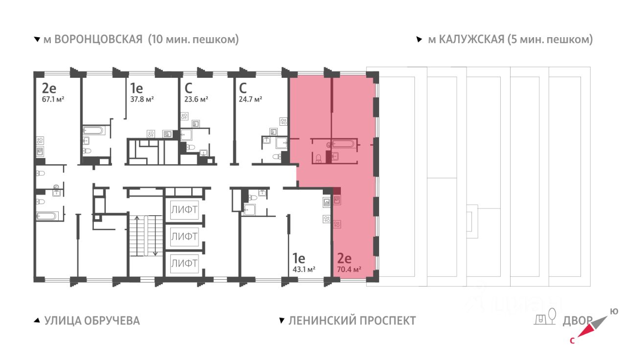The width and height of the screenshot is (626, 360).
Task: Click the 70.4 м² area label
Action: click(x=349, y=270)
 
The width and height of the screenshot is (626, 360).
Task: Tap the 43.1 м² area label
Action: click(x=304, y=270)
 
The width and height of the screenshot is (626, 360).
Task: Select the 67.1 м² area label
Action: click(x=53, y=99)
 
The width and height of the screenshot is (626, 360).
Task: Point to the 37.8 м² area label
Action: click(x=142, y=99)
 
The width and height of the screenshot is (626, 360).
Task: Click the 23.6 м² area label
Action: click(x=196, y=99)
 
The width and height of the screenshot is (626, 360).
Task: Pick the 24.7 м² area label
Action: click(x=250, y=99)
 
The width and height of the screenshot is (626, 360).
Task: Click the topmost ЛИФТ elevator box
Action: click(x=184, y=210)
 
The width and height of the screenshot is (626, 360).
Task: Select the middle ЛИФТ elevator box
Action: click(x=184, y=236)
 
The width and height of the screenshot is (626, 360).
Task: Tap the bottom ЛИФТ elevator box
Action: click(x=184, y=263)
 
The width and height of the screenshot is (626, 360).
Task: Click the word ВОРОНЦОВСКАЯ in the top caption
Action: click(x=98, y=40)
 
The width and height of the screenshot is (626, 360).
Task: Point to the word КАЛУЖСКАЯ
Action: click(x=471, y=40)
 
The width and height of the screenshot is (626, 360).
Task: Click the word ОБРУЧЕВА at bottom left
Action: click(x=112, y=320)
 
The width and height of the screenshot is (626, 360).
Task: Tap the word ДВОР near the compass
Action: click(x=578, y=321)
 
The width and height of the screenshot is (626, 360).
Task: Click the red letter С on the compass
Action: click(x=572, y=341)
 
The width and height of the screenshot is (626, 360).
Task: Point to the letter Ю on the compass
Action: click(x=614, y=312)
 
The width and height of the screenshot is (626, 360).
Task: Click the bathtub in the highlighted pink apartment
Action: click(x=343, y=144)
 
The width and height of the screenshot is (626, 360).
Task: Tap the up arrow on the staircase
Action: click(x=137, y=236)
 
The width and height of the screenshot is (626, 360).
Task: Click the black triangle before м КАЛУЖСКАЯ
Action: click(x=419, y=40)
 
